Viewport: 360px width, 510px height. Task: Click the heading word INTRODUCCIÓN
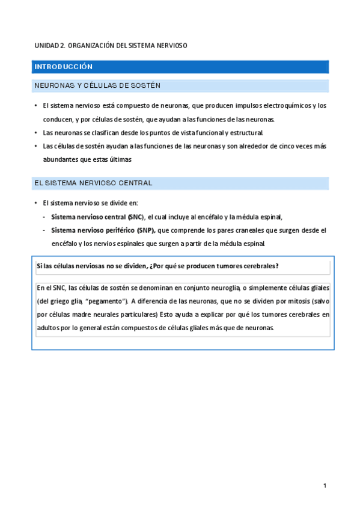coord(63,67)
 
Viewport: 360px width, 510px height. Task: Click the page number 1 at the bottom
coord(325,485)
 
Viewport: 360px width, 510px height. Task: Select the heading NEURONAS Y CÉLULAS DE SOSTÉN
coord(97,86)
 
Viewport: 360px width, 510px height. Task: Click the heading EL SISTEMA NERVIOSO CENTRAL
coord(93,183)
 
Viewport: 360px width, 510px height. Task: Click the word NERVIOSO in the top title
coord(172,46)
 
